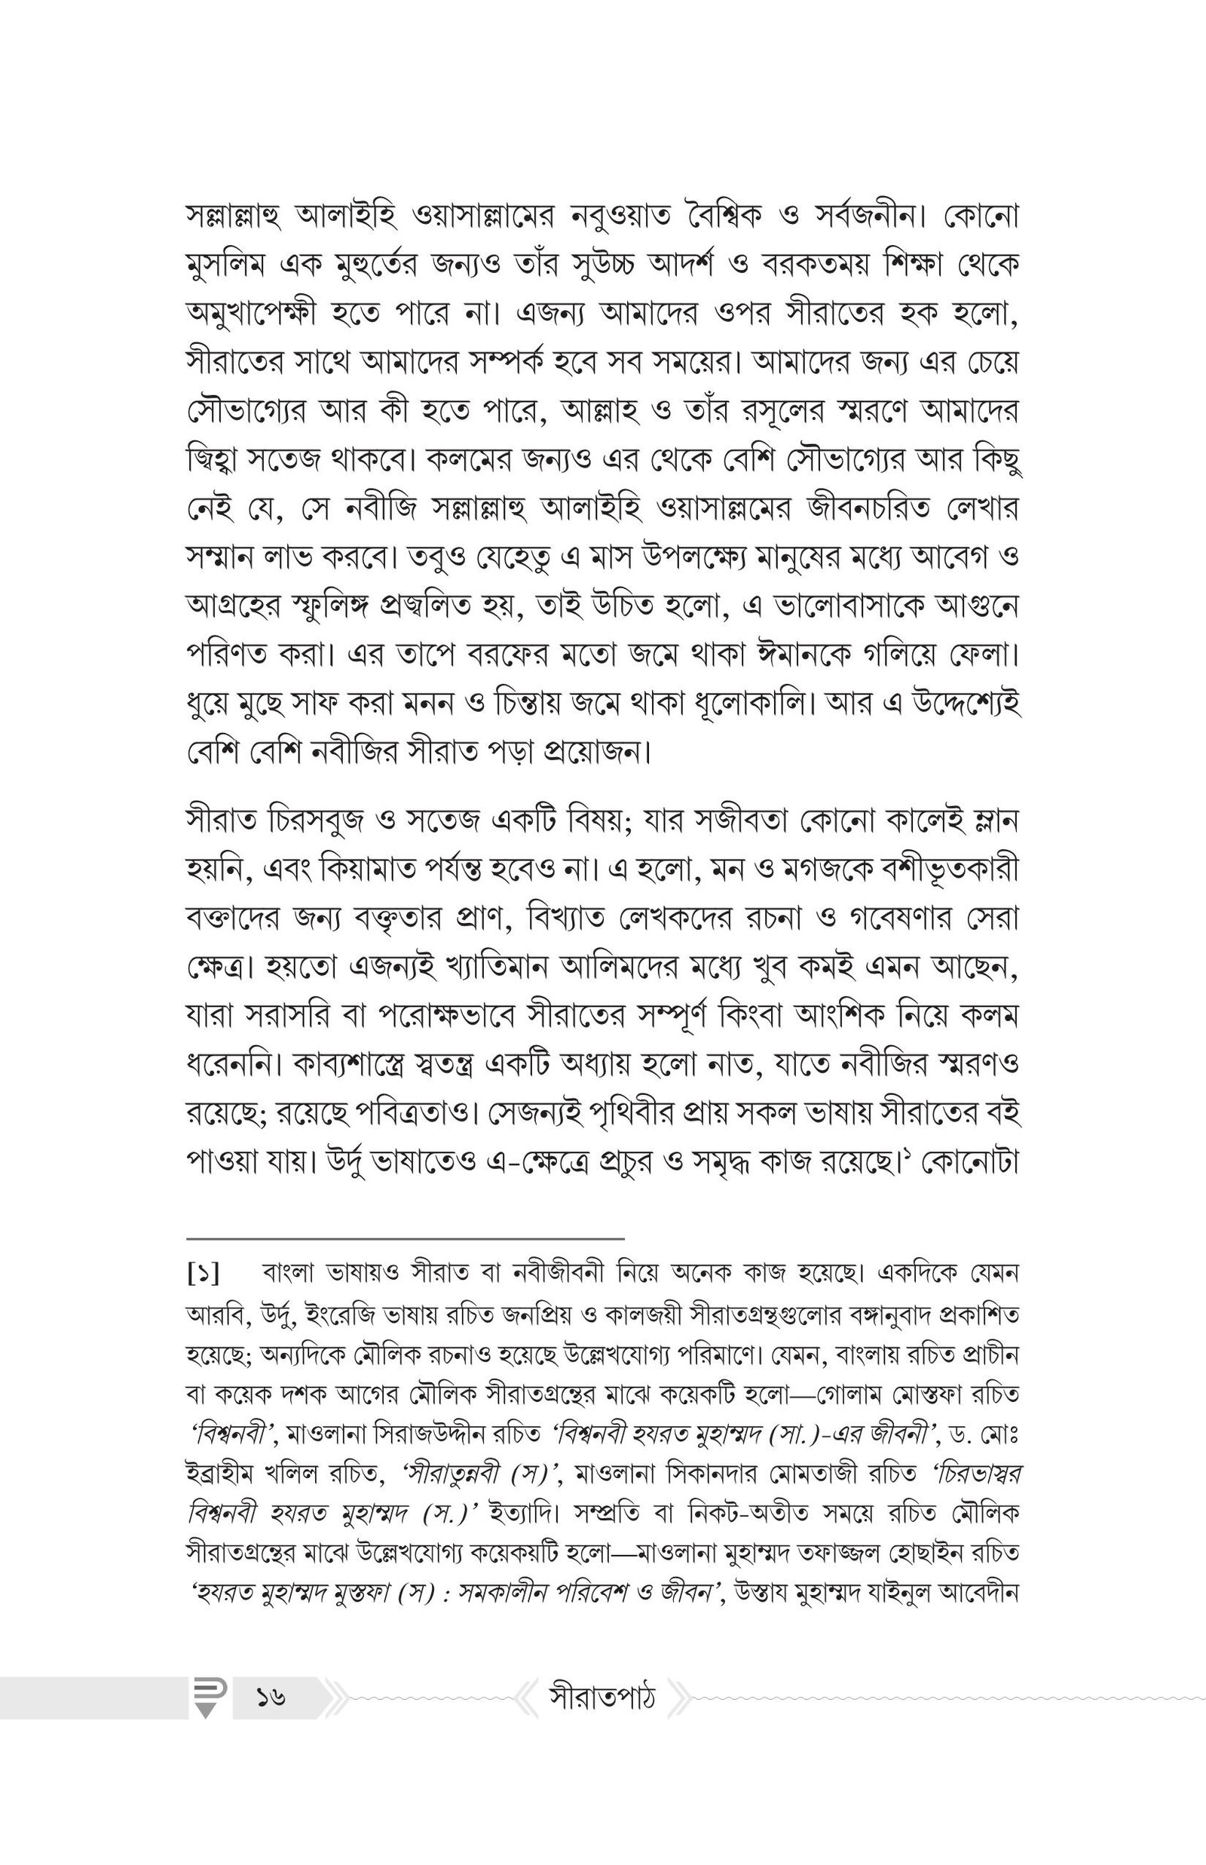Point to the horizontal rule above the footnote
click(x=406, y=1239)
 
